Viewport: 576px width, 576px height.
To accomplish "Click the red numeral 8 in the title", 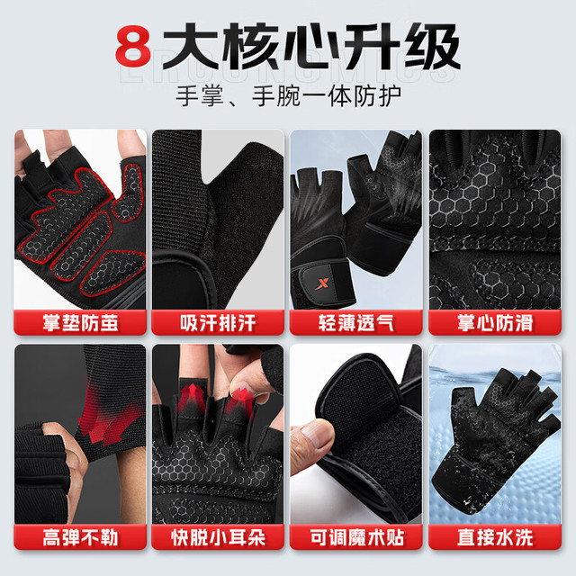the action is tap(133, 46).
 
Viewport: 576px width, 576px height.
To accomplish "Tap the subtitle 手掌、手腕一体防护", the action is tap(289, 96).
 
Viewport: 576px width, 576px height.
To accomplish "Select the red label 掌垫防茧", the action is tap(80, 323).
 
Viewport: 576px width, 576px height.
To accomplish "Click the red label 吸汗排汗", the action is tap(218, 323).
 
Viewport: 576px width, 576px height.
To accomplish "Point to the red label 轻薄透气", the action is tap(356, 323).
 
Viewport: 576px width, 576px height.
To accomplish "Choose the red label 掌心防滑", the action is tap(495, 323).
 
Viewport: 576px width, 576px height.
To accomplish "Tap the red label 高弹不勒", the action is tap(80, 537).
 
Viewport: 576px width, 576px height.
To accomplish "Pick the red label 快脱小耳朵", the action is tap(218, 537).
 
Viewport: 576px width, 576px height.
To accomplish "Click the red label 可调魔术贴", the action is tap(356, 537).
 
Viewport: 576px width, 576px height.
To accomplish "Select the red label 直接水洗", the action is tap(495, 537).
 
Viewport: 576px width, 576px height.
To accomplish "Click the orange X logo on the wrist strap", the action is tap(322, 283).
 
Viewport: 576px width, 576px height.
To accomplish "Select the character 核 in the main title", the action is tap(251, 46).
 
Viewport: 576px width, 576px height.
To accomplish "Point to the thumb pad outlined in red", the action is tap(128, 193).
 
